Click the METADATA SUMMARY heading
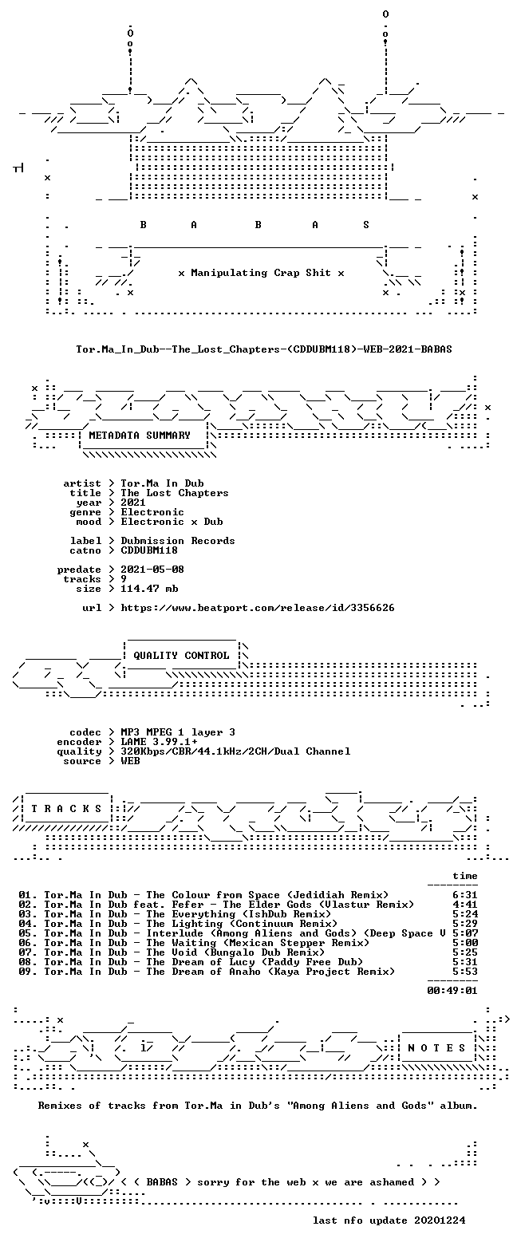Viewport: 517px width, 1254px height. (x=140, y=435)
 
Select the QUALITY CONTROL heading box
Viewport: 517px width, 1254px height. (x=181, y=655)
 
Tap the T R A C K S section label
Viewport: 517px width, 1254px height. (x=67, y=808)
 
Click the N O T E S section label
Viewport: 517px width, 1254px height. (x=436, y=1048)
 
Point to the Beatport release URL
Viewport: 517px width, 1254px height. (x=258, y=608)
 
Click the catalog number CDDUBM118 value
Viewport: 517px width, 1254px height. (x=149, y=550)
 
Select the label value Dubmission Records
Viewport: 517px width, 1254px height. (x=178, y=541)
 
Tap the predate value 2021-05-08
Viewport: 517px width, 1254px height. (x=152, y=570)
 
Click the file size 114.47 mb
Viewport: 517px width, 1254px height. (x=149, y=589)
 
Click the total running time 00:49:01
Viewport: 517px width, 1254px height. (x=452, y=990)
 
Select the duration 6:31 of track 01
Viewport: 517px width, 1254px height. (x=465, y=895)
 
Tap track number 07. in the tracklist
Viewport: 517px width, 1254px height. (x=27, y=952)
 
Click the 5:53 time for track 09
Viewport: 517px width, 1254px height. (x=465, y=972)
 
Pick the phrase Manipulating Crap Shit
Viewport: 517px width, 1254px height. (x=260, y=273)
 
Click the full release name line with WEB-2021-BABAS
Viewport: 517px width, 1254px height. (x=264, y=349)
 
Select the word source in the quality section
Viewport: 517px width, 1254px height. (x=82, y=761)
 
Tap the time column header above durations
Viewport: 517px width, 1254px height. (x=465, y=876)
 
